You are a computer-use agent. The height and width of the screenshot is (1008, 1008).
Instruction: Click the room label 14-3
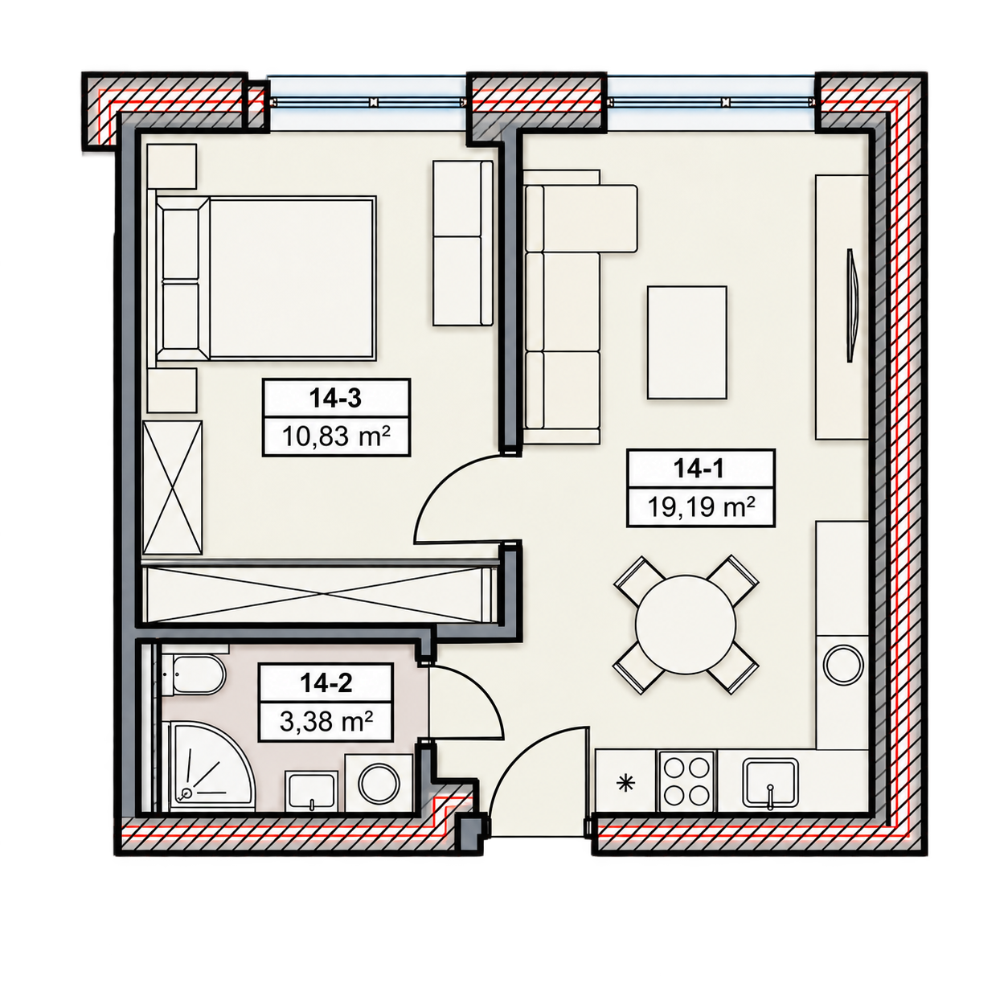tap(334, 399)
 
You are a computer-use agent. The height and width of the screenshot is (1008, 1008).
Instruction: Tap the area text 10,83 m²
tap(336, 435)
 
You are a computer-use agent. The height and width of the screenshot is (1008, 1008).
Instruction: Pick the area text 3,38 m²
tap(326, 723)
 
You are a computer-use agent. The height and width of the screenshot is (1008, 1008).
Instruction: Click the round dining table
tap(685, 624)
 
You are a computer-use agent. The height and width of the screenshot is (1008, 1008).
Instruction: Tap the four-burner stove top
tap(686, 781)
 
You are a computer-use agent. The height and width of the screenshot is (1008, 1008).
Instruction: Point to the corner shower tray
tap(209, 767)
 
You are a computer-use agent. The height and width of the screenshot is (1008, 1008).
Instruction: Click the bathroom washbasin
tap(310, 792)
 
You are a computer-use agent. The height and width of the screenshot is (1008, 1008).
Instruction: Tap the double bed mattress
tap(292, 278)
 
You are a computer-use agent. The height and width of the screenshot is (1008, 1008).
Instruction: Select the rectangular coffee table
tap(686, 342)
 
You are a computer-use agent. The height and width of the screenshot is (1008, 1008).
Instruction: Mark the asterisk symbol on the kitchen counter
tap(625, 783)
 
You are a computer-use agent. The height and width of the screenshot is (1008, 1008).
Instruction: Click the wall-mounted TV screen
tap(853, 305)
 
